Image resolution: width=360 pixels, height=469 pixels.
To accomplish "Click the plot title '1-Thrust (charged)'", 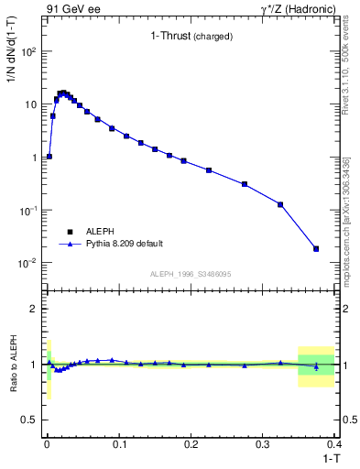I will click(191, 37).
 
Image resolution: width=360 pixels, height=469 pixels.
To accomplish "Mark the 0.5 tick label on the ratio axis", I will click(30, 420).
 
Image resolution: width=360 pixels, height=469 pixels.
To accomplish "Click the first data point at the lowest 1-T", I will click(49, 157).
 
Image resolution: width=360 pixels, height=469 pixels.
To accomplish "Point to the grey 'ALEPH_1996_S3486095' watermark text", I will click(190, 274).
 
